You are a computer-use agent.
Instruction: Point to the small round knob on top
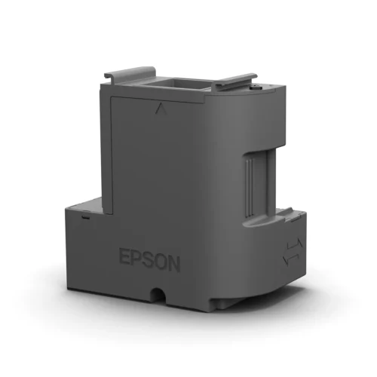259,88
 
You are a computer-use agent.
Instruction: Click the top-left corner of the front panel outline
112,97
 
